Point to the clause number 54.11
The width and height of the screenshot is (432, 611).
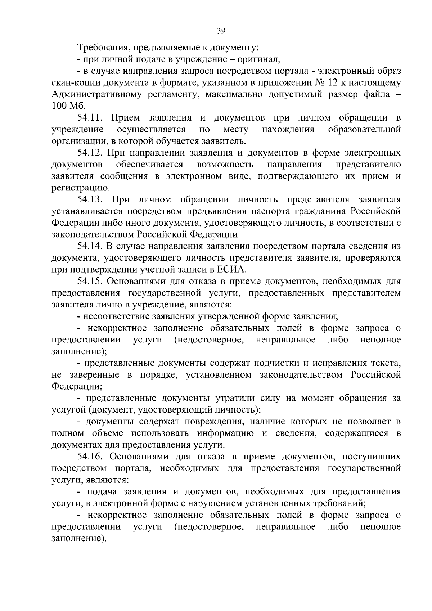coord(91,118)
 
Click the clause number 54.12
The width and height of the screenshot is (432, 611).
coord(91,153)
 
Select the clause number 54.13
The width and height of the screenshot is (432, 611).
coord(91,199)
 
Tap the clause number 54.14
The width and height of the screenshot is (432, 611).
coord(91,246)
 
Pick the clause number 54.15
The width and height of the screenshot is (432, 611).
coord(91,281)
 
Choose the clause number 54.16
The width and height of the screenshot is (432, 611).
coord(91,457)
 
